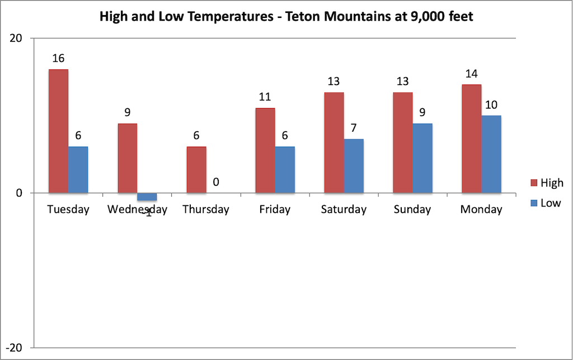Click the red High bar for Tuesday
pyautogui.click(x=58, y=131)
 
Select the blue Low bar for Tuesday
pyautogui.click(x=78, y=170)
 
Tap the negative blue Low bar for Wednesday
pyautogui.click(x=147, y=197)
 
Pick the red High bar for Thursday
pyautogui.click(x=196, y=170)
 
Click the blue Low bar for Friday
pyautogui.click(x=284, y=170)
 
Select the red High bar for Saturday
pyautogui.click(x=334, y=143)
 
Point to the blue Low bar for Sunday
pyautogui.click(x=422, y=158)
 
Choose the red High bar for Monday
pyautogui.click(x=471, y=139)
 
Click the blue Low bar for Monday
pyautogui.click(x=491, y=154)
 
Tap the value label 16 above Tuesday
pyautogui.click(x=59, y=58)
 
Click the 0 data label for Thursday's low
pyautogui.click(x=216, y=182)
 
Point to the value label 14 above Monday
pyautogui.click(x=472, y=73)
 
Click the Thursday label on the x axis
pyautogui.click(x=206, y=210)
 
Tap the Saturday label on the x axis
pyautogui.click(x=344, y=210)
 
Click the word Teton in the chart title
pyautogui.click(x=303, y=17)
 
